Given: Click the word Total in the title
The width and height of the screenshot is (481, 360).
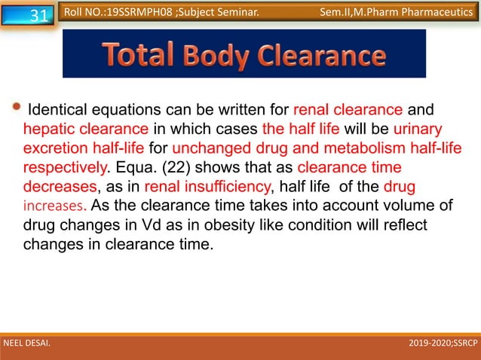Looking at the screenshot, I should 139,55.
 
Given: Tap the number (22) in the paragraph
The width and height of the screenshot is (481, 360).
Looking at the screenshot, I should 188,165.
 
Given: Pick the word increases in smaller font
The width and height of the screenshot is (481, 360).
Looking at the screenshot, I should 54,205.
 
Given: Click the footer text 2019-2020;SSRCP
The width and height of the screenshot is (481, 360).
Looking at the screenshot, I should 442,346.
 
